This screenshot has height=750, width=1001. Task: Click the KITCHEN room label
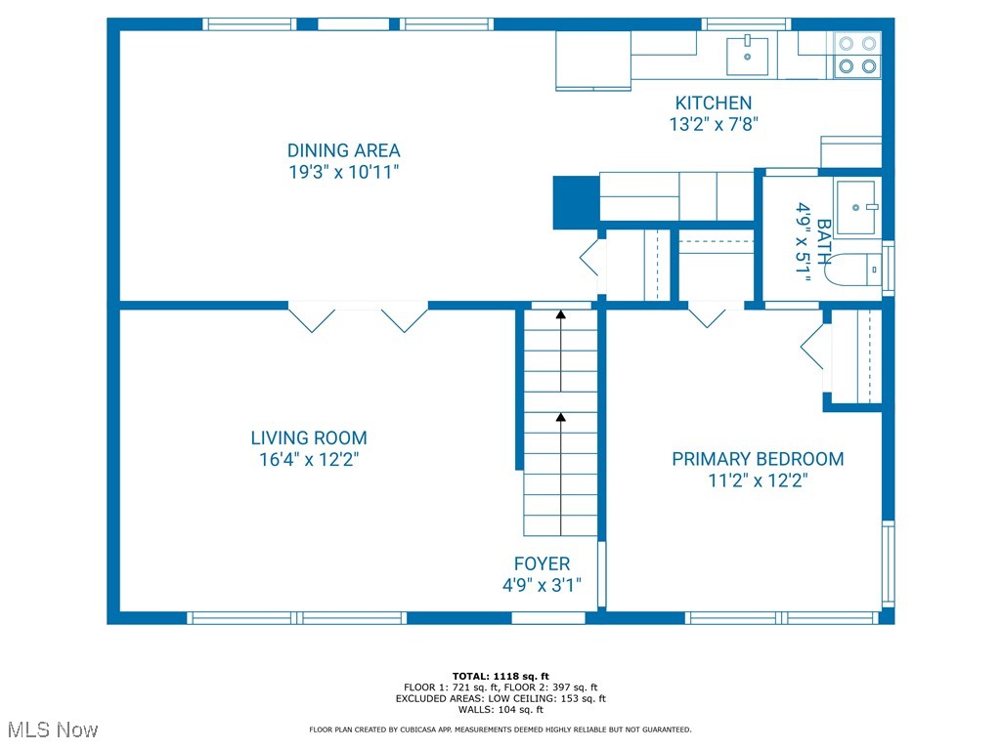point(714,103)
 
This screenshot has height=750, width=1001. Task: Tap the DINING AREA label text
point(343,150)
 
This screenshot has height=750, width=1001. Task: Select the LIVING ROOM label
point(309,438)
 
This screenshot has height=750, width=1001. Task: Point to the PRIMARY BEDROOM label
point(758,459)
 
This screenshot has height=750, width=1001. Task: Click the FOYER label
point(542,564)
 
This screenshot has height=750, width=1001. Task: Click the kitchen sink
point(748,55)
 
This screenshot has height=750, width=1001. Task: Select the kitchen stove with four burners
point(857,55)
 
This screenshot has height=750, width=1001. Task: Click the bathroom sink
point(859,206)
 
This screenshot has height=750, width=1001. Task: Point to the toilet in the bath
point(850,268)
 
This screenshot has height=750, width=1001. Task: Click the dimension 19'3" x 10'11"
point(343,172)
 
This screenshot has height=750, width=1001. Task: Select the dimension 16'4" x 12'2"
point(309,460)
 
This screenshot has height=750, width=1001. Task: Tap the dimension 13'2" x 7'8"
point(714,124)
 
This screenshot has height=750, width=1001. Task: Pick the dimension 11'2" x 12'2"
point(758,480)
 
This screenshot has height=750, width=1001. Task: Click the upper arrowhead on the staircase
point(560,314)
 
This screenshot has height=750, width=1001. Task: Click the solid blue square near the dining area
point(575,202)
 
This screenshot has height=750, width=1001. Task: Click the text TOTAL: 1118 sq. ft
point(500,676)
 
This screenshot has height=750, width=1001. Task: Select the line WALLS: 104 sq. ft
point(500,710)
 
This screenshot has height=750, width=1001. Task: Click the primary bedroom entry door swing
point(707,315)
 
